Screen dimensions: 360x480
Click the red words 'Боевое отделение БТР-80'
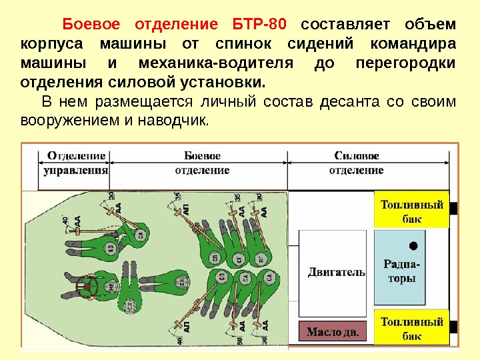[175, 25]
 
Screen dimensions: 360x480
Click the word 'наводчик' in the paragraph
[175, 121]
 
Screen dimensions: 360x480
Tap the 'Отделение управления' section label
[76, 163]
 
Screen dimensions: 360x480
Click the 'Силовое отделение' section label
[356, 163]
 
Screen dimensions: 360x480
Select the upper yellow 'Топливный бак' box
[411, 211]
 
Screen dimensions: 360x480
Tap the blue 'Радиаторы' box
[402, 266]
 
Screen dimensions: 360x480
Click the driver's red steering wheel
[87, 287]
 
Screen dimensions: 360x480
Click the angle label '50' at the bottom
[239, 340]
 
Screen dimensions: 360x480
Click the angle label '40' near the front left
[65, 220]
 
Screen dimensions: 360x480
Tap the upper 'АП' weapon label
[186, 208]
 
